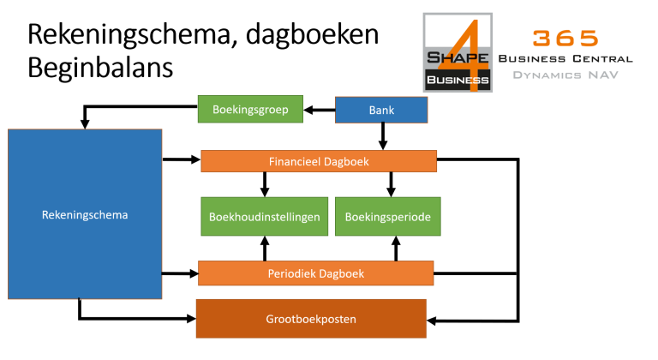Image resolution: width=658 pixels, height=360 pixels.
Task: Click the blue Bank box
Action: tap(381, 110)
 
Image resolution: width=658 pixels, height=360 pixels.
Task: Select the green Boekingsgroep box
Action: tap(250, 109)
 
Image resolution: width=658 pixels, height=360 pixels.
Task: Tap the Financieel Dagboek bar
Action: tap(319, 161)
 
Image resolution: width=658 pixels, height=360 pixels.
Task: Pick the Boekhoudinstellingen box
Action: tap(265, 216)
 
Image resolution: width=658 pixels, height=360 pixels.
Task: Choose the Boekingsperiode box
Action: tap(388, 216)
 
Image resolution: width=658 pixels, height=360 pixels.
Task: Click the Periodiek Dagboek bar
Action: tap(315, 273)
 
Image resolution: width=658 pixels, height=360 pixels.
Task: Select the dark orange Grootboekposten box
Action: tap(311, 318)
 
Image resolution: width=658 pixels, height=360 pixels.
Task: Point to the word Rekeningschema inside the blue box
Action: tap(85, 214)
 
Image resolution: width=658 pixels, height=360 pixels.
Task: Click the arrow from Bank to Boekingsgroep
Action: tap(319, 110)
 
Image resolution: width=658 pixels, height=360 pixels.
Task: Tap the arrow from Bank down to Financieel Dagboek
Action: tap(383, 136)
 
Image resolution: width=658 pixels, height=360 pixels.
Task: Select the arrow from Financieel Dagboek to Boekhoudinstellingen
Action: tap(265, 184)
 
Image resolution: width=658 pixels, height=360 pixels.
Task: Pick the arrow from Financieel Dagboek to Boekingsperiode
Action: tap(391, 184)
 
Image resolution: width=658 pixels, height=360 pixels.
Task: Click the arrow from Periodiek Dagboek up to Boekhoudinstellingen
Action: tap(265, 249)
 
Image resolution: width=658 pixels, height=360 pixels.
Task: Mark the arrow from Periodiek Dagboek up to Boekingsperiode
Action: tap(396, 249)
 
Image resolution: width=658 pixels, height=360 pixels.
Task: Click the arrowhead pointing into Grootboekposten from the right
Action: tap(432, 321)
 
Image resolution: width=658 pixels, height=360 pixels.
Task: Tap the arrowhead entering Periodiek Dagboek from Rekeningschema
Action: tap(194, 273)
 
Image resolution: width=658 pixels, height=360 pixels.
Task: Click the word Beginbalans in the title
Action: tap(100, 67)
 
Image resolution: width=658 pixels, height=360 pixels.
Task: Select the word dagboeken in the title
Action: tap(312, 34)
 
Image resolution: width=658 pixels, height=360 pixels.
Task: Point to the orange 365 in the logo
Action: tap(565, 39)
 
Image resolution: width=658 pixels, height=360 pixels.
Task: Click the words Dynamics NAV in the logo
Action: tap(565, 75)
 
